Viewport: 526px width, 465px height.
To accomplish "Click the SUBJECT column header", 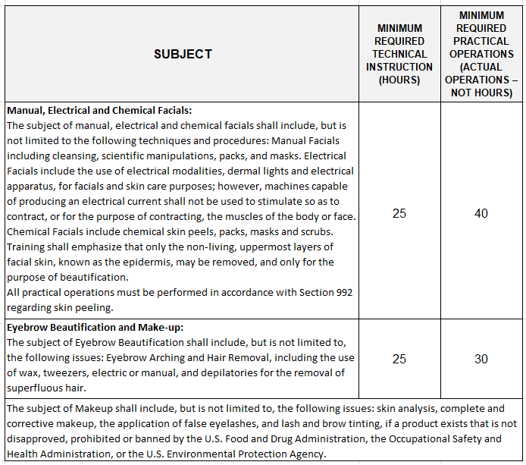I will (x=183, y=54).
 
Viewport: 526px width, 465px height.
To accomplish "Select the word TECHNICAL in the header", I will (x=399, y=54).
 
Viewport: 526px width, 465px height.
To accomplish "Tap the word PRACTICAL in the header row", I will (x=481, y=41).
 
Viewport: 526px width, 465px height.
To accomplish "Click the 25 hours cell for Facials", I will (x=399, y=214).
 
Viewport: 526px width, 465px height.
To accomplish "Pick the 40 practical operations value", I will (x=481, y=214).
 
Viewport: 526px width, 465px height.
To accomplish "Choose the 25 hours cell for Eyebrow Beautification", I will (x=399, y=359).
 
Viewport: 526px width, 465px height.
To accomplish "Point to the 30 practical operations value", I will (x=481, y=359).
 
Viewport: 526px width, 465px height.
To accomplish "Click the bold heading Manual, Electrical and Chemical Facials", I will (x=99, y=111).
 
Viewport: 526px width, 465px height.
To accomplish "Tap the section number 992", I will (x=343, y=292).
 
